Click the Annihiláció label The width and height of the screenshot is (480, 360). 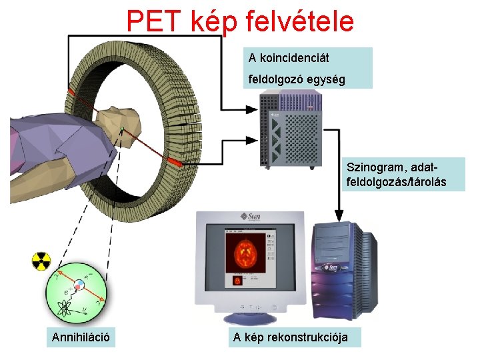click(81, 338)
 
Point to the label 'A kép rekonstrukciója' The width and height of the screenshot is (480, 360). click(290, 337)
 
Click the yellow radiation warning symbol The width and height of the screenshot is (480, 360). click(41, 261)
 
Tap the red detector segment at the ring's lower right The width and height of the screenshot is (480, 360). click(175, 162)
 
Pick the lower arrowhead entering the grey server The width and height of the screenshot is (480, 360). click(254, 141)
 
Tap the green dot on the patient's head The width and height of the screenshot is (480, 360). click(122, 129)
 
